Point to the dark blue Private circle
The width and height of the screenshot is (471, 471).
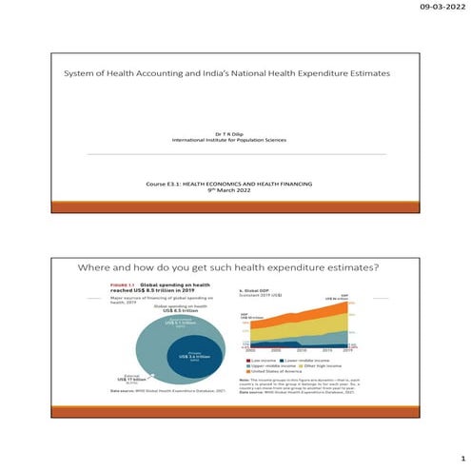click(x=195, y=360)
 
